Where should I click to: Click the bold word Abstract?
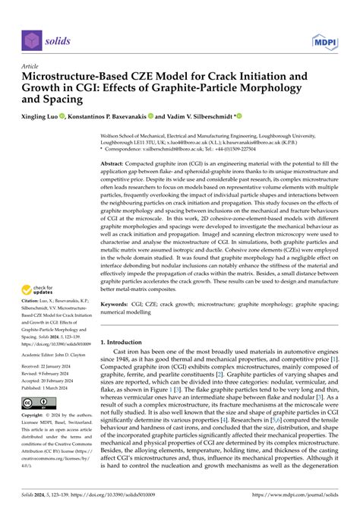[x=116, y=163]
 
